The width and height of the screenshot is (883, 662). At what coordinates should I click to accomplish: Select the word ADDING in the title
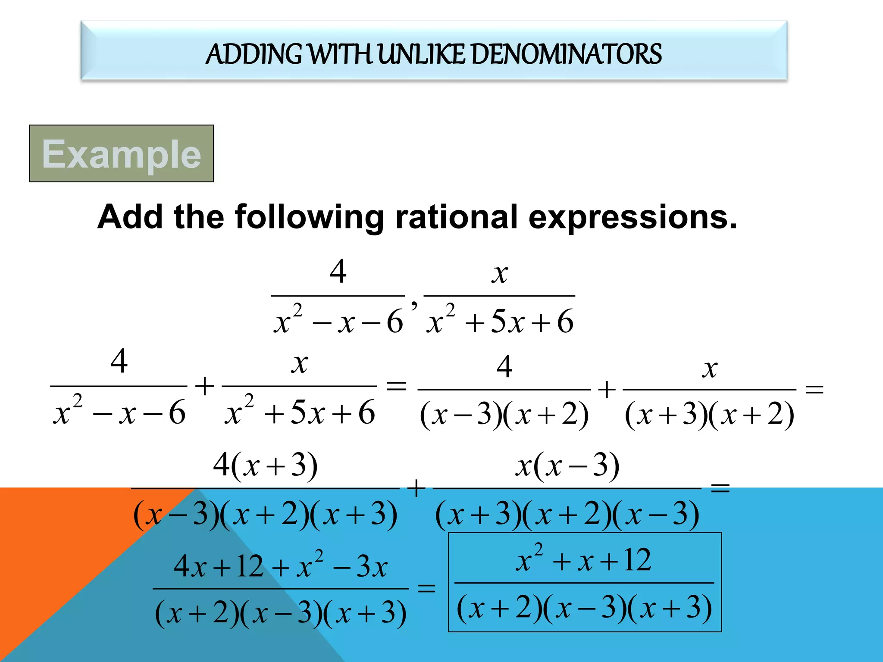254,54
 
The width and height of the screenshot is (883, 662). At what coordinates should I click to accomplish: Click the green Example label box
121,153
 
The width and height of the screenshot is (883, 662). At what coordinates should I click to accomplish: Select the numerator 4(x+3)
265,465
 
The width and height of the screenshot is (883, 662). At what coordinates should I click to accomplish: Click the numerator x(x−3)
567,465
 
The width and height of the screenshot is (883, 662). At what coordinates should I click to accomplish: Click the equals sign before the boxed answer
426,588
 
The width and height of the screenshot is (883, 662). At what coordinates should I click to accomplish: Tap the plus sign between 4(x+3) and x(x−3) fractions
416,489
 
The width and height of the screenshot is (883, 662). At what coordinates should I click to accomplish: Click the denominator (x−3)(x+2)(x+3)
265,515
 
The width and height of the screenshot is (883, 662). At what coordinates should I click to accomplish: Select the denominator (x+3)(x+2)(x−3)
567,515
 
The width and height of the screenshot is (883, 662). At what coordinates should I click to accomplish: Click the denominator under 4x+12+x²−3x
280,613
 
